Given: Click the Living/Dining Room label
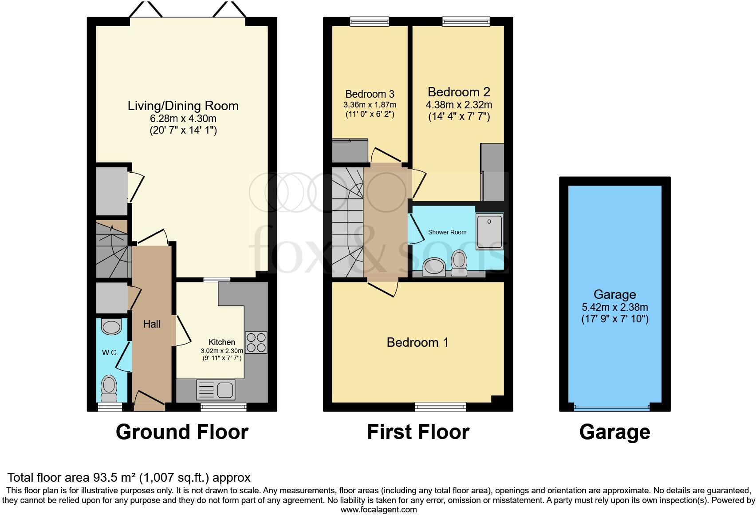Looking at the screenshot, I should pos(183,106).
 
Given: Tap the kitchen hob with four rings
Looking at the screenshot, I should pos(256,342).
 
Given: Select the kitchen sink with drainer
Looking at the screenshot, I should pos(215,390).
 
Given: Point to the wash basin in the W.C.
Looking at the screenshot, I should pos(111,327).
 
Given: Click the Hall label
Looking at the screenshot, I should pos(151,324).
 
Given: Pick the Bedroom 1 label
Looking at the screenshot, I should pos(417,342).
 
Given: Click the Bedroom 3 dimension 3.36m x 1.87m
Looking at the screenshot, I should pos(370,105).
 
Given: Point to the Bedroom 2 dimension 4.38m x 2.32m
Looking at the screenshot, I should pos(459,105).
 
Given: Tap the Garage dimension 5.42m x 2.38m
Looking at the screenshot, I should pos(614,307).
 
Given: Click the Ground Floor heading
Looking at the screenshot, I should pos(182,432).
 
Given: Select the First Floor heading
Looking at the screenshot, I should pos(418,432).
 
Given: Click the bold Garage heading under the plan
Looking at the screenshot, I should pos(614,432).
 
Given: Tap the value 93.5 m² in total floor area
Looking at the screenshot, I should pos(114,478).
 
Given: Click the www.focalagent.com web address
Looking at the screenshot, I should pos(378,510).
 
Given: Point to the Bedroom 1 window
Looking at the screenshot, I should pos(440,406).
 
